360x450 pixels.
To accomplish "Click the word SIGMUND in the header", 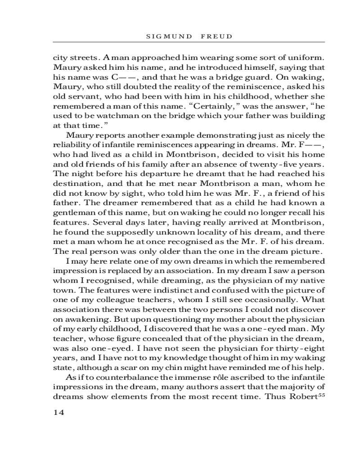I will coord(163,36).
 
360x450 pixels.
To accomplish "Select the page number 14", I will coord(58,413).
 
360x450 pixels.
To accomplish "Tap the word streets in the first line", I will coord(81,58).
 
